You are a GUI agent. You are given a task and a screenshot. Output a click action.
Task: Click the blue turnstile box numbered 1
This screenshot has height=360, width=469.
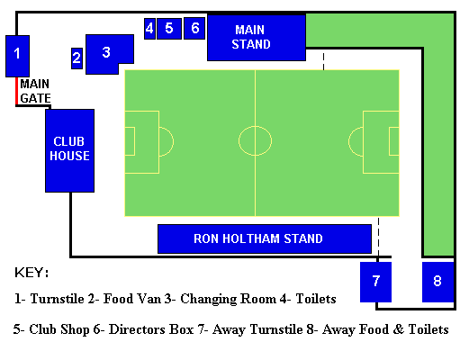coord(17,56)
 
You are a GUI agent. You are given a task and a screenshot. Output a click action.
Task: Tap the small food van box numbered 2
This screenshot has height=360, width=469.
coord(77,58)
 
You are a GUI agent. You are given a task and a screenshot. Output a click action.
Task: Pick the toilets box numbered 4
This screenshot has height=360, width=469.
coord(149,29)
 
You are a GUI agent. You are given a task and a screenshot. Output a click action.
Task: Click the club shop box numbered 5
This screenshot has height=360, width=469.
coord(169,29)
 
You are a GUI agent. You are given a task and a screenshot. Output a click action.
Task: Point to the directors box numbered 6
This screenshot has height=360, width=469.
coord(194,29)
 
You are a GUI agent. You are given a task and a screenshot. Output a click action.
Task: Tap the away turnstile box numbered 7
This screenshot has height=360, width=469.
coord(375,282)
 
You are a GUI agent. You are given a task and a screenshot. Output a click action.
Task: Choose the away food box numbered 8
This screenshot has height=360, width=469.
coord(437,282)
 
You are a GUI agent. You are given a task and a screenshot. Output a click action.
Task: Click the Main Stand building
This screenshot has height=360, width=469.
coord(257,38)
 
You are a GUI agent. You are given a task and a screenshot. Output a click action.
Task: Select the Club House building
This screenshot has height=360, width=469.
coord(69,150)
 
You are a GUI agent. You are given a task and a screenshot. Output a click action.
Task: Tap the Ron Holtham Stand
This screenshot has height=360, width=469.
coord(265,238)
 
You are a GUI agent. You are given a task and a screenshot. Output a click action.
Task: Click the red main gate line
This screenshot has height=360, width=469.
coord(17,91)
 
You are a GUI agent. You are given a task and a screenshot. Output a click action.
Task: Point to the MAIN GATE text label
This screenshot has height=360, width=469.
coord(35,91)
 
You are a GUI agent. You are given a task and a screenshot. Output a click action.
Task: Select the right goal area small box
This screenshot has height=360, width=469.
coord(389,141)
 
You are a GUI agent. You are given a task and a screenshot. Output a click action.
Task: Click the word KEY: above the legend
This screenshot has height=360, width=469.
coord(32,273)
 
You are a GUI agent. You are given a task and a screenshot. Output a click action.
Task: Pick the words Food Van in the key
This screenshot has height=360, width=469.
coord(132,299)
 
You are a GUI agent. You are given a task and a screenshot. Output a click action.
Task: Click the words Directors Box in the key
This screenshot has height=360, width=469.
coord(151,329)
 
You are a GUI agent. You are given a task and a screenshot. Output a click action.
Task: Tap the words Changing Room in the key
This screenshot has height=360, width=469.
coord(228,300)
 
